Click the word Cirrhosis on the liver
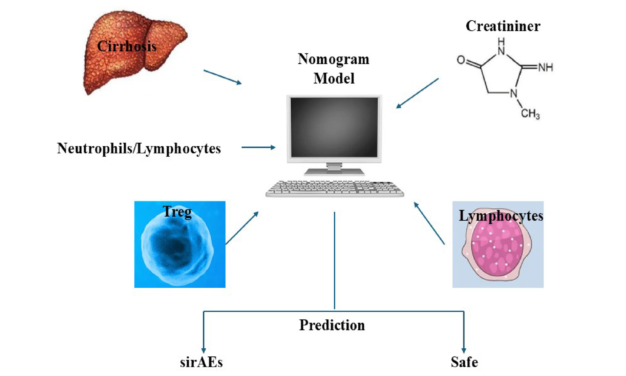click(x=127, y=47)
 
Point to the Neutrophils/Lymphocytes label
click(x=139, y=149)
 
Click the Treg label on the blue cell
click(x=177, y=212)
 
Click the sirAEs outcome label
click(x=201, y=362)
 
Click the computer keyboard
click(x=334, y=189)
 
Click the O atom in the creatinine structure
click(x=461, y=60)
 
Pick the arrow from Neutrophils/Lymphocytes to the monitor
click(x=258, y=147)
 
